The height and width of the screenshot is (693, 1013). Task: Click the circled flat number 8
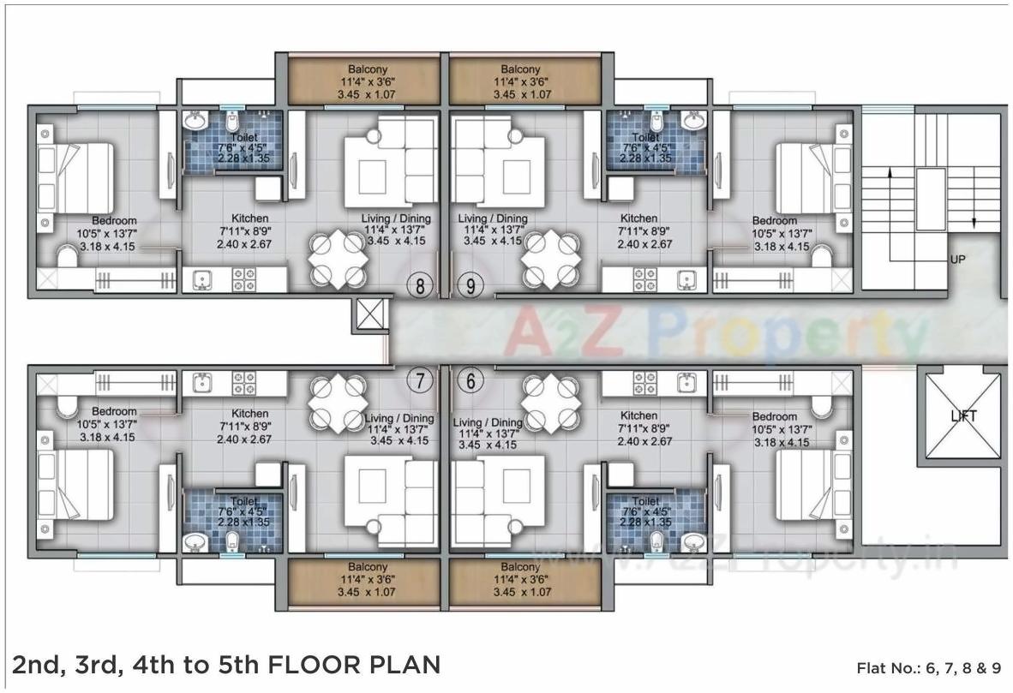[x=419, y=286]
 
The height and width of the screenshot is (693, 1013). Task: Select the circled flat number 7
[x=419, y=382]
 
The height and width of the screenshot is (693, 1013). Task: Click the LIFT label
[x=963, y=416]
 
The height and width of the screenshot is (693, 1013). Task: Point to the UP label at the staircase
[x=959, y=258]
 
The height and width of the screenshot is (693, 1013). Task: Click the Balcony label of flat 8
[x=367, y=69]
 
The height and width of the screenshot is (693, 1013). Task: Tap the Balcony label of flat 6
[x=520, y=567]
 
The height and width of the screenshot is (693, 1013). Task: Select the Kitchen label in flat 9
[x=638, y=218]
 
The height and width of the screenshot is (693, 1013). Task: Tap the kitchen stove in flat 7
[x=243, y=382]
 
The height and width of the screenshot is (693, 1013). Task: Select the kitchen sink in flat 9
[x=685, y=279]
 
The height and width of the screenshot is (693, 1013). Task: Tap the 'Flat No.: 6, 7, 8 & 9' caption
[x=928, y=667]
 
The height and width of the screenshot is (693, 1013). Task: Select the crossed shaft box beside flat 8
[x=369, y=315]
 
